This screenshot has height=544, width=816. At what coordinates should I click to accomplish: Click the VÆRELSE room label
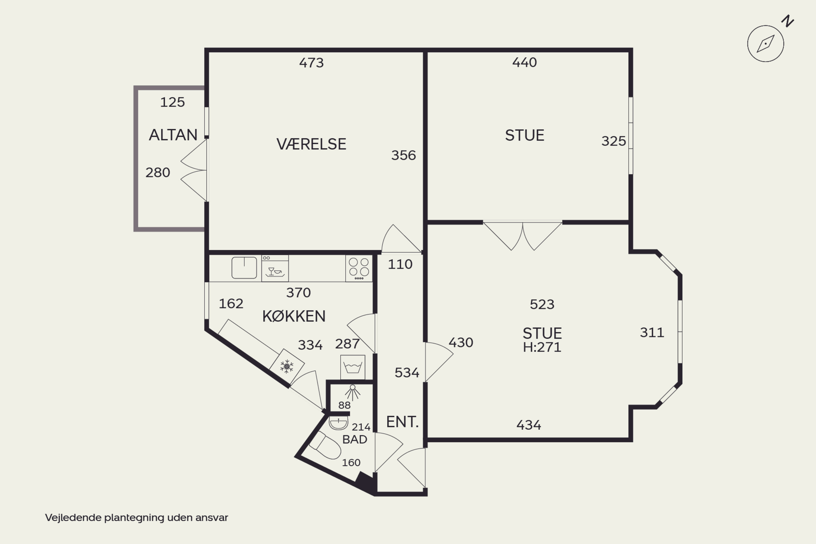pyautogui.click(x=311, y=144)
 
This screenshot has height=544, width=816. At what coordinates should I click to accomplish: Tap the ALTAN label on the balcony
pyautogui.click(x=173, y=135)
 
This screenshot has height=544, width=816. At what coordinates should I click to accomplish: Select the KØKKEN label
pyautogui.click(x=294, y=316)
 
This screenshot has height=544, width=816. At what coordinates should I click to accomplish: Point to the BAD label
pyautogui.click(x=355, y=440)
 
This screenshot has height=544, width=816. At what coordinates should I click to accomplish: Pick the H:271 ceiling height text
pyautogui.click(x=542, y=347)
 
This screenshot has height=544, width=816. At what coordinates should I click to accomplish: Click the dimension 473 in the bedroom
pyautogui.click(x=311, y=63)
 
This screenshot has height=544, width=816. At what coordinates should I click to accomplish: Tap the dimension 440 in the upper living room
pyautogui.click(x=525, y=63)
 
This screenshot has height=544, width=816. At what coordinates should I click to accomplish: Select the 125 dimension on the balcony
pyautogui.click(x=172, y=102)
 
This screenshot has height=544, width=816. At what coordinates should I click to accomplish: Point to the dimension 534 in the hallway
pyautogui.click(x=407, y=373)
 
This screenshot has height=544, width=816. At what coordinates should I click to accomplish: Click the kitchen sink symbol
pyautogui.click(x=244, y=267)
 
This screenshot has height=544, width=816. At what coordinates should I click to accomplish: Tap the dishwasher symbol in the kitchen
pyautogui.click(x=275, y=268)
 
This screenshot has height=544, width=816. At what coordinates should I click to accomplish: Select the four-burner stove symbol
pyautogui.click(x=359, y=268)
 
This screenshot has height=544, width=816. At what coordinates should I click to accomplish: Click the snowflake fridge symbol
pyautogui.click(x=287, y=366)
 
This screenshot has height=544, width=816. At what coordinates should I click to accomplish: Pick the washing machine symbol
pyautogui.click(x=353, y=367)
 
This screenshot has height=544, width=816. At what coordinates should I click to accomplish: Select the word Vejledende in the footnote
pyautogui.click(x=73, y=518)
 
